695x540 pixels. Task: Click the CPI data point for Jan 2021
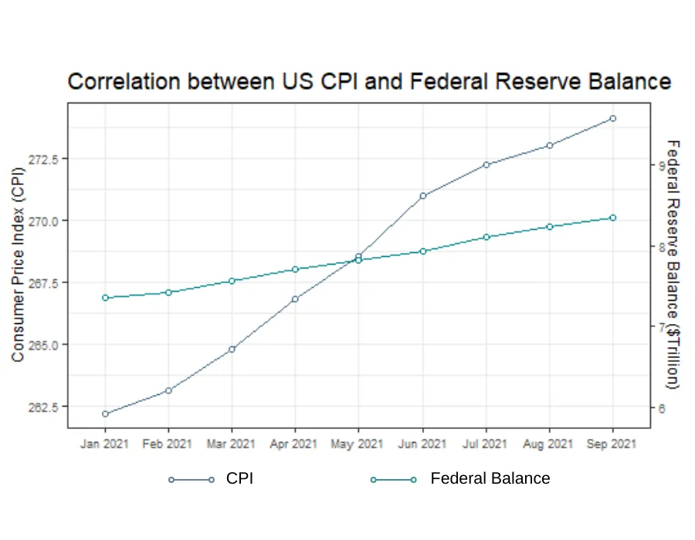coord(105,413)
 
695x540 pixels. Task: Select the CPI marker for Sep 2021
coord(613,119)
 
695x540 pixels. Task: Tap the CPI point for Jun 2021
coord(423,196)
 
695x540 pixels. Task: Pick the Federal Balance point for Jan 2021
coord(105,298)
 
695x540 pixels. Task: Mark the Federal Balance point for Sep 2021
coord(613,218)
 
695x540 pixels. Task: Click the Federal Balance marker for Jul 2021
coord(486,238)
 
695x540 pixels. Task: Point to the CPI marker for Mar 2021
coord(232,349)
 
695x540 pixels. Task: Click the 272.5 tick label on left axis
coord(43,160)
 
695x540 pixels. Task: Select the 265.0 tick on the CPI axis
coord(43,346)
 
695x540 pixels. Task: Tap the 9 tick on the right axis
coord(662,166)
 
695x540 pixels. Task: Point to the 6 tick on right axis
coord(662,409)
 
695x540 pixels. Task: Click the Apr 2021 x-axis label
coord(293,444)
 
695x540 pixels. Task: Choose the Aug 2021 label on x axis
coord(548,444)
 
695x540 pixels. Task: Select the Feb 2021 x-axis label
coord(167,444)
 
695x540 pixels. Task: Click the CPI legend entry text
coord(239,478)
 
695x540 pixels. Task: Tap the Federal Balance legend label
coord(490,478)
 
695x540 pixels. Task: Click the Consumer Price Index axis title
coord(18,265)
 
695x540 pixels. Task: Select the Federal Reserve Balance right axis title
coord(673,265)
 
